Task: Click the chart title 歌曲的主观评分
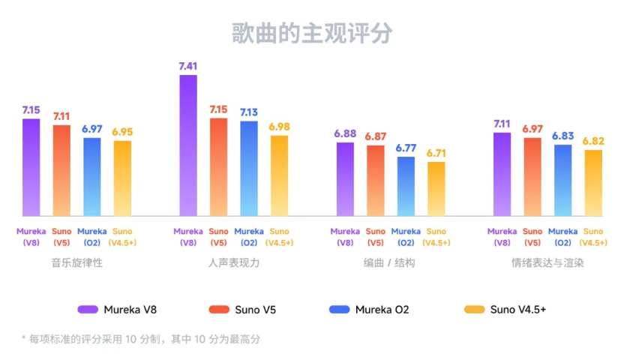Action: (x=311, y=34)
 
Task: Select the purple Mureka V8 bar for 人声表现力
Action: (x=188, y=146)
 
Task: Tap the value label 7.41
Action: (x=188, y=67)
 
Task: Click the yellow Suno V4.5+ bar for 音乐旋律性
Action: (x=122, y=178)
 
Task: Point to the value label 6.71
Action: (x=436, y=153)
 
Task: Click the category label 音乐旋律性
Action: (x=76, y=263)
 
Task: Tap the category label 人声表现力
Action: (x=233, y=263)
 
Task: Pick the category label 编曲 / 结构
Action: (x=390, y=263)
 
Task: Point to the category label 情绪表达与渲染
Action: (x=547, y=263)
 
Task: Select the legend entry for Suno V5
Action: (x=241, y=309)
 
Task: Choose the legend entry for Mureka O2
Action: (x=369, y=309)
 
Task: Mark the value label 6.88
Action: (x=345, y=133)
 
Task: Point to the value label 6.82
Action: (x=593, y=141)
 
